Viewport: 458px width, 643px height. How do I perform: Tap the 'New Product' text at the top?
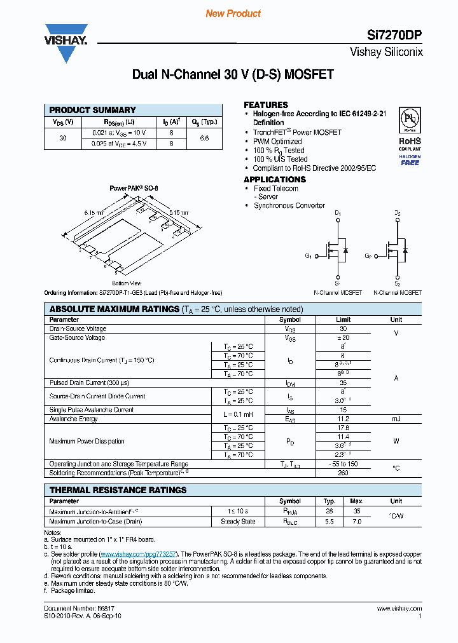233,13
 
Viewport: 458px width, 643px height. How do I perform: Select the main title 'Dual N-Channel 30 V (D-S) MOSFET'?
233,74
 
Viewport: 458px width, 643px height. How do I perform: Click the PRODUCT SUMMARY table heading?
93,110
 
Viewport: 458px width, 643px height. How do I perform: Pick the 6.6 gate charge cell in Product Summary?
204,138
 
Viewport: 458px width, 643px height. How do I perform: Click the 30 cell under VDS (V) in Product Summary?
63,138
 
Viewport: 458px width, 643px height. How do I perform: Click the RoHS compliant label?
410,144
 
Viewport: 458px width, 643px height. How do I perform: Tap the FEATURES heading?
266,105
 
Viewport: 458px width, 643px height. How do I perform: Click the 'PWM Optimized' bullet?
277,141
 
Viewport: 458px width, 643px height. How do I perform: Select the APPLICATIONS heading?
275,179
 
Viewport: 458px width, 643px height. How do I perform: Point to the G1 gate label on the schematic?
308,256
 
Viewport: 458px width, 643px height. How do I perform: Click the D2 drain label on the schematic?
398,213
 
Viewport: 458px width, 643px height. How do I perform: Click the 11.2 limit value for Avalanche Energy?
343,419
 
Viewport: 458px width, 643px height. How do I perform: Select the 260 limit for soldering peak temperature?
343,472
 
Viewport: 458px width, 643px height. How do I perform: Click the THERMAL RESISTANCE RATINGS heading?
118,490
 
